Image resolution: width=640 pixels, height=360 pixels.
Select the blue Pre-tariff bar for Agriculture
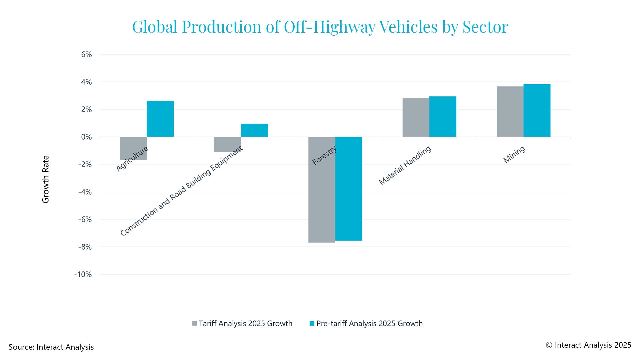[160, 119]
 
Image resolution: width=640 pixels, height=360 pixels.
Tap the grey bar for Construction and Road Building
[227, 144]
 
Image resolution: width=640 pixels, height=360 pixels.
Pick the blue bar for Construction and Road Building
[254, 130]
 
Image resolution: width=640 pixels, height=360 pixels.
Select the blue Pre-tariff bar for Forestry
[349, 189]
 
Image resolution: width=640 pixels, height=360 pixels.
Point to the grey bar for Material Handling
[416, 117]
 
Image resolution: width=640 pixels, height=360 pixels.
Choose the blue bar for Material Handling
[443, 117]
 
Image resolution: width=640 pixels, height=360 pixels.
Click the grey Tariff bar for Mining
[510, 112]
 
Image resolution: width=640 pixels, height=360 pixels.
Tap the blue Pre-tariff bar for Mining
[537, 110]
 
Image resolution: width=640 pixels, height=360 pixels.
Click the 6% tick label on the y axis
[86, 54]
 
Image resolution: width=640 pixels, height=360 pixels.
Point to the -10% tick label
[83, 274]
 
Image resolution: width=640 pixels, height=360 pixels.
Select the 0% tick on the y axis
[86, 137]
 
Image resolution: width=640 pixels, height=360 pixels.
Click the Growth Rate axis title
[46, 179]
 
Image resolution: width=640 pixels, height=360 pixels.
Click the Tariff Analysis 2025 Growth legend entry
[242, 323]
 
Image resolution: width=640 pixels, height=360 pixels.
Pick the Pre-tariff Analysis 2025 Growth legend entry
[366, 323]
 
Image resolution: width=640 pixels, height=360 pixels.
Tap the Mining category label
[514, 154]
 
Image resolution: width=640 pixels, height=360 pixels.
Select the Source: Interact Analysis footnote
[51, 347]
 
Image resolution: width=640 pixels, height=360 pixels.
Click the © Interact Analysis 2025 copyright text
[588, 345]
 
